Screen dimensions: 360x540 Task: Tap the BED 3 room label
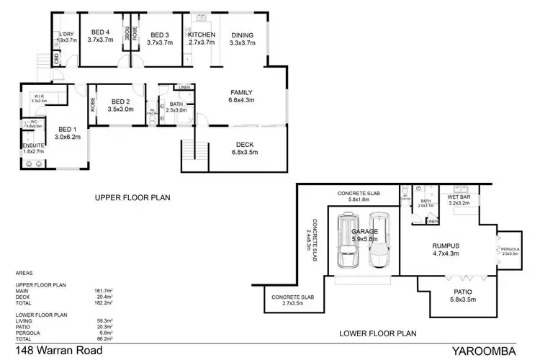(x=159, y=35)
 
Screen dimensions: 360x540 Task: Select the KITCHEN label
(x=202, y=35)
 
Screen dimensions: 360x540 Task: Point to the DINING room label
(x=242, y=35)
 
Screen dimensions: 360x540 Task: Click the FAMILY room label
(x=242, y=92)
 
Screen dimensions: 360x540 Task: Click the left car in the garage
(x=348, y=241)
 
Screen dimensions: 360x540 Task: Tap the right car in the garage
(x=379, y=240)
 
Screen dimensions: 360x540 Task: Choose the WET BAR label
(x=459, y=196)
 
